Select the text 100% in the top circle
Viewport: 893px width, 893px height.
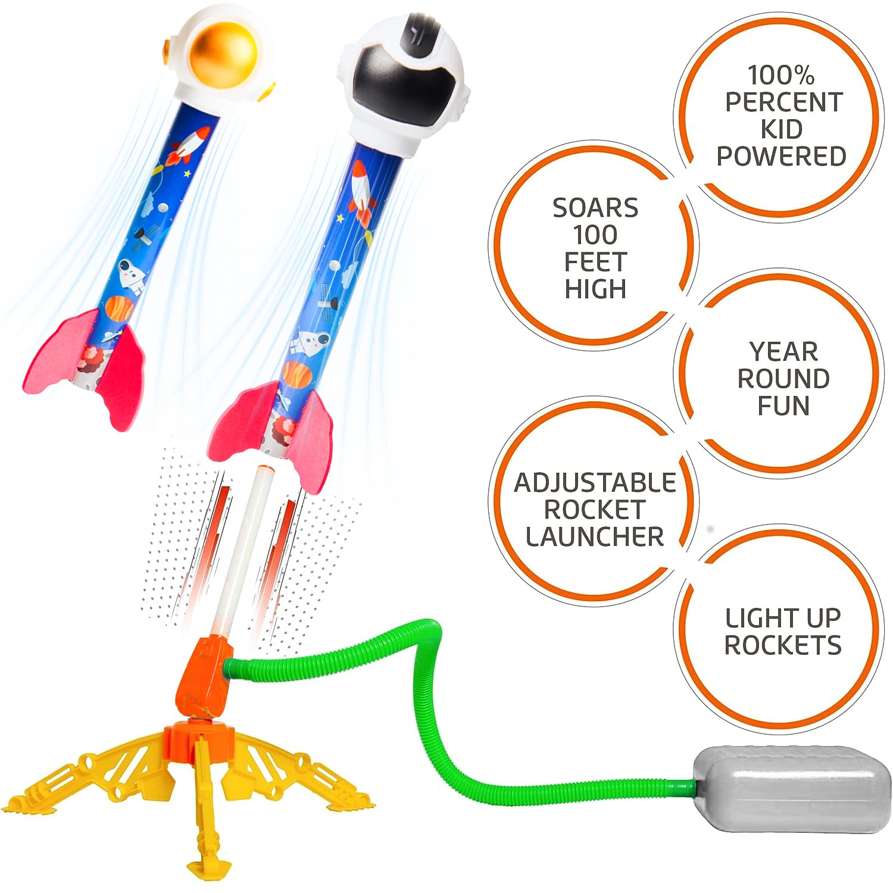pos(780,76)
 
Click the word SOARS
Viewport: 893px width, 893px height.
pos(595,208)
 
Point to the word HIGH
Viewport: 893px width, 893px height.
pos(595,289)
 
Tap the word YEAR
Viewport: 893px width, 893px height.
pos(783,352)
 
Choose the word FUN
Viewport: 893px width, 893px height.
pos(783,405)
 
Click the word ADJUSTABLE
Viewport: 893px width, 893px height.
pos(595,483)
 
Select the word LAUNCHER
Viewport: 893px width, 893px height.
pos(595,536)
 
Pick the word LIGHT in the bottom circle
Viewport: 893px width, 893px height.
pos(753,618)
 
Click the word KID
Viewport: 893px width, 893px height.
pos(781,129)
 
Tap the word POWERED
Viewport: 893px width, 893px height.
pos(781,156)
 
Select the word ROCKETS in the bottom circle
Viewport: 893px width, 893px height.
pos(783,645)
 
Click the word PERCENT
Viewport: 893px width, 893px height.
pos(783,102)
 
